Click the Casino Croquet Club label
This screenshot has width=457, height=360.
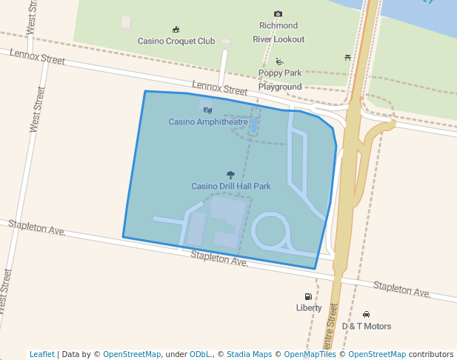pos(176,41)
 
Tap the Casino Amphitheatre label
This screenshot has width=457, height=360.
pos(208,121)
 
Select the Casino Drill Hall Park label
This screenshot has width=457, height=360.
pos(231,186)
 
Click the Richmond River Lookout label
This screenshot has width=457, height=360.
pos(278,33)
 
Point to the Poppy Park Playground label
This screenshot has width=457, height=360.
pos(280,80)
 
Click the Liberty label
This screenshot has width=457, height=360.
pos(309,308)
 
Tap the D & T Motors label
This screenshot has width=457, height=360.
pos(366,326)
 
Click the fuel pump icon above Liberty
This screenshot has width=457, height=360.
pos(309,297)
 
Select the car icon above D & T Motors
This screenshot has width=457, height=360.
pos(367,315)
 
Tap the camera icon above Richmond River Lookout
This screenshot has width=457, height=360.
pos(278,14)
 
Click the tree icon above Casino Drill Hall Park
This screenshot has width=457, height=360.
pos(230,175)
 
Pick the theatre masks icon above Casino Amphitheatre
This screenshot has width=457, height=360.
pos(207,110)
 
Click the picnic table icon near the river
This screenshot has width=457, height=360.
pos(347,57)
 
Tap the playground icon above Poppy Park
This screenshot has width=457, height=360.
pos(279,61)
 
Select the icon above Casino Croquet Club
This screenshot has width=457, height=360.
pos(176,30)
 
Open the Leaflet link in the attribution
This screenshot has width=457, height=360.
pos(41,355)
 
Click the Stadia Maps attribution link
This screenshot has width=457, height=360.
pos(247,355)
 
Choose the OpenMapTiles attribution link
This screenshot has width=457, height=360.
pos(310,355)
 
